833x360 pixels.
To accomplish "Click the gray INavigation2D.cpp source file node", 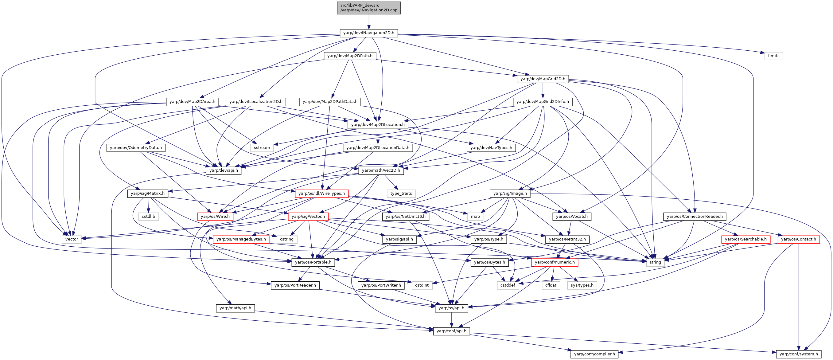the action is [x=369, y=8].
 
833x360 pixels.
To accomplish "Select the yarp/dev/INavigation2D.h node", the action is [x=369, y=33].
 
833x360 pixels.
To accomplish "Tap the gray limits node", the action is [x=773, y=56].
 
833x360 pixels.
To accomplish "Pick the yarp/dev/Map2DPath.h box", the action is [x=350, y=56].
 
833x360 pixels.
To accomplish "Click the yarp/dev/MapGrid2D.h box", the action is [x=543, y=79].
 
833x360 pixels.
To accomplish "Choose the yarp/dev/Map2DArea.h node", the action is [x=193, y=102].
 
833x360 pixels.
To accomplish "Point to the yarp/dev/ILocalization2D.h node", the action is [x=256, y=102].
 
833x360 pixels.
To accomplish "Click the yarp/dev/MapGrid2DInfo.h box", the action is [x=543, y=102].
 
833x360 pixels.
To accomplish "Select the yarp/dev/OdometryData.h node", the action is [x=136, y=148].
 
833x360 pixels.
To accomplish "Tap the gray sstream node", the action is [x=262, y=148].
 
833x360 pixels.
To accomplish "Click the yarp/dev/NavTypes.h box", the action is [x=491, y=148].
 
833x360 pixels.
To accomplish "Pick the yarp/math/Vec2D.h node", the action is [x=381, y=170].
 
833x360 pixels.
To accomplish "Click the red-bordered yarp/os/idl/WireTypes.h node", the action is [x=322, y=194].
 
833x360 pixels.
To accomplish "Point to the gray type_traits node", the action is [x=401, y=194].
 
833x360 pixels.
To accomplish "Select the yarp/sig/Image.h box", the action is [x=510, y=194].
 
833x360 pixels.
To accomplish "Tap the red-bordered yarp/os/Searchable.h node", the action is [x=746, y=239].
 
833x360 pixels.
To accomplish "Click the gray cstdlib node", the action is [x=148, y=216].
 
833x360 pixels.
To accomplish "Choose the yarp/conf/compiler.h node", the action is [x=594, y=354].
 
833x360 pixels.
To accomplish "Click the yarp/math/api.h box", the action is [x=235, y=308].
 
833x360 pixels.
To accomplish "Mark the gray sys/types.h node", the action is [x=582, y=285].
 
